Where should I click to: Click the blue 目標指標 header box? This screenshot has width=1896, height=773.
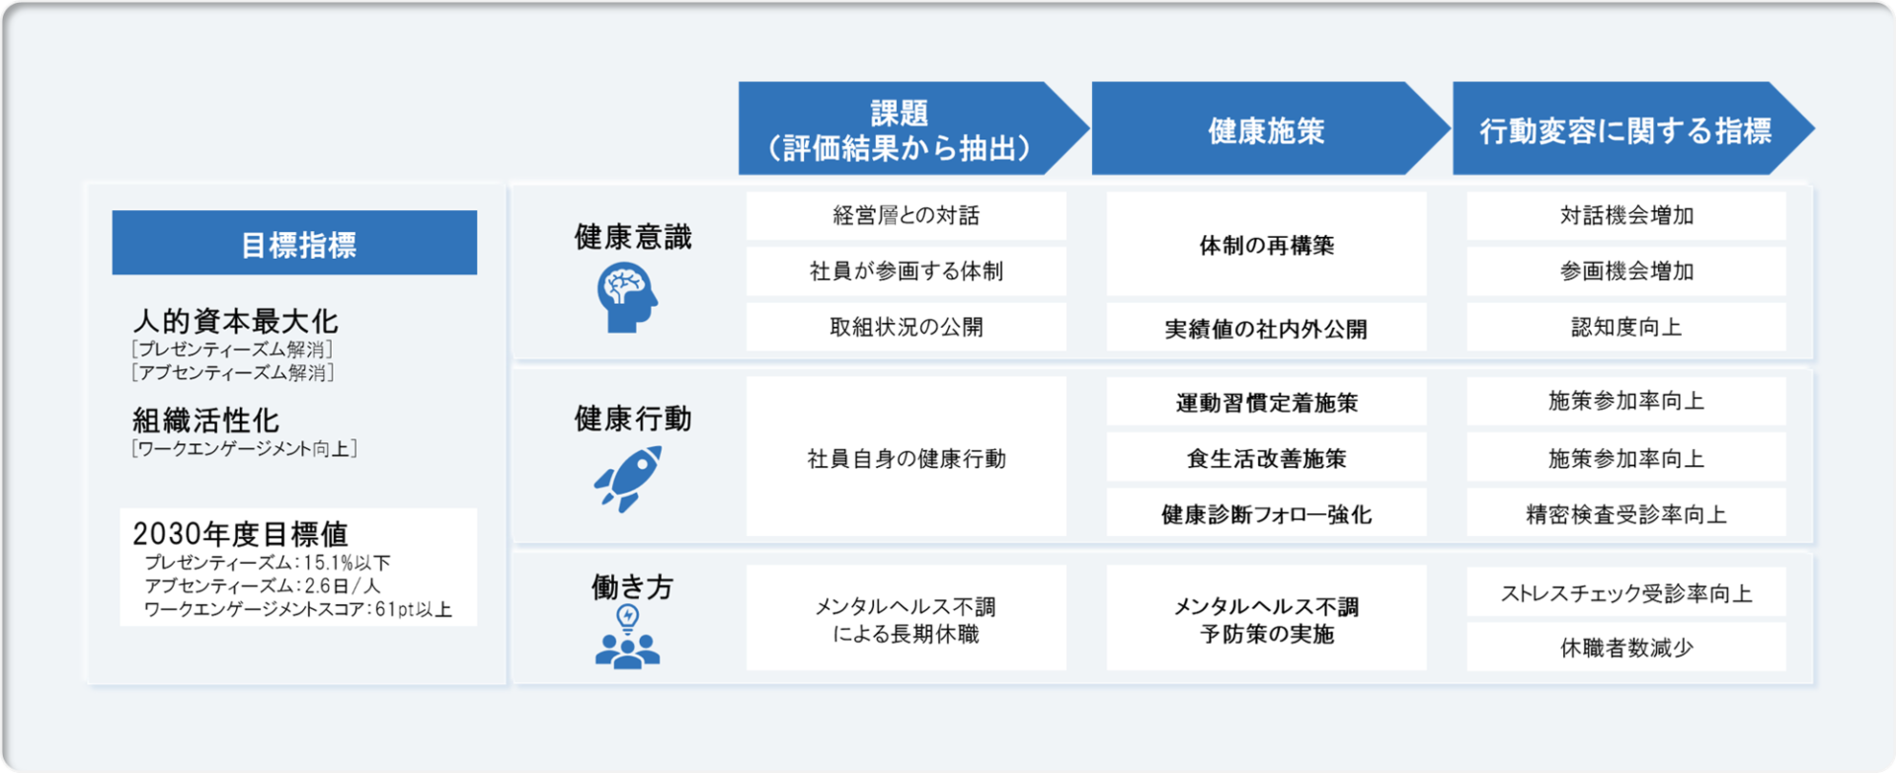(x=294, y=243)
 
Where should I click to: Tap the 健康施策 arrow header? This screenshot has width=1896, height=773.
(x=1266, y=129)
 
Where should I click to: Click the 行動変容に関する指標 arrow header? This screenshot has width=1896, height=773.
(x=1625, y=129)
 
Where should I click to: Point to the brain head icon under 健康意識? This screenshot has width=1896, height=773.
(x=627, y=299)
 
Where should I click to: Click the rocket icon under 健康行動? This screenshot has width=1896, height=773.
(x=628, y=479)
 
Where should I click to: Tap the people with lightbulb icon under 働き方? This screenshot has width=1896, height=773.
(x=627, y=638)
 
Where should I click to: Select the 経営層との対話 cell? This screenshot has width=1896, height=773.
(x=906, y=215)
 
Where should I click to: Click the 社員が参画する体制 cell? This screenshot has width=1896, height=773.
(x=906, y=271)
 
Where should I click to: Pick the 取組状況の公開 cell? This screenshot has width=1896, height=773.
(x=906, y=327)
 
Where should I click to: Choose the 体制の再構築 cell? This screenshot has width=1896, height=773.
(x=1266, y=245)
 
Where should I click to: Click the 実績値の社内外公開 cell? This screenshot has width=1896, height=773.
(x=1266, y=328)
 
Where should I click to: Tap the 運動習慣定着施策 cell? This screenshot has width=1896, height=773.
(x=1266, y=402)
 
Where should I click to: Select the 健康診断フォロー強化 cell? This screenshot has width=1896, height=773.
(x=1266, y=513)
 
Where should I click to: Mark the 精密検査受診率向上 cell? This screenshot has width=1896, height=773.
(x=1625, y=513)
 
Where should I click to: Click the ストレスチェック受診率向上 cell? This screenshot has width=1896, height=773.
(x=1625, y=592)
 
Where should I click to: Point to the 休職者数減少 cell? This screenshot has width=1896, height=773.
(x=1625, y=648)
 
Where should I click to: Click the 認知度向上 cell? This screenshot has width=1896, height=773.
(x=1625, y=327)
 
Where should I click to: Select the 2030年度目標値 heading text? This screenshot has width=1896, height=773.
(x=240, y=534)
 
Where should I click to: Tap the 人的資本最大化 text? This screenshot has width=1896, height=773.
(x=235, y=321)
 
